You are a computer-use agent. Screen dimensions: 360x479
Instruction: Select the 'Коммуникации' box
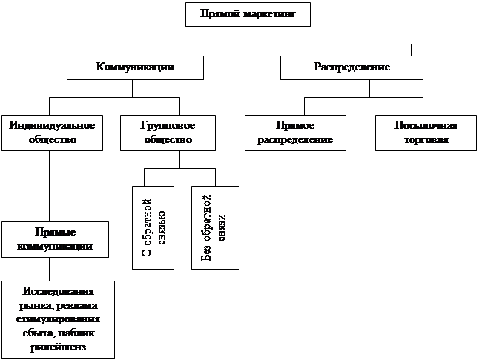pos(135,68)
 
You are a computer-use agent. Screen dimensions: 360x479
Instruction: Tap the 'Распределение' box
pos(351,68)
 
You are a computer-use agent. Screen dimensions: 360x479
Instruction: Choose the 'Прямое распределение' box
pos(295,132)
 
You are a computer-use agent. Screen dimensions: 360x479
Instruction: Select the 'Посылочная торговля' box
pos(425,132)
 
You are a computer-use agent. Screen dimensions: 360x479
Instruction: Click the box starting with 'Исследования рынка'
pos(59,319)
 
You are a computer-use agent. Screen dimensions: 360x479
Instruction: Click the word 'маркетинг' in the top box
pos(261,14)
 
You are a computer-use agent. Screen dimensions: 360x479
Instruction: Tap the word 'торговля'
pos(425,139)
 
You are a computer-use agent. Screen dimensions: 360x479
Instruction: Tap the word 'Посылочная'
pos(425,125)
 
